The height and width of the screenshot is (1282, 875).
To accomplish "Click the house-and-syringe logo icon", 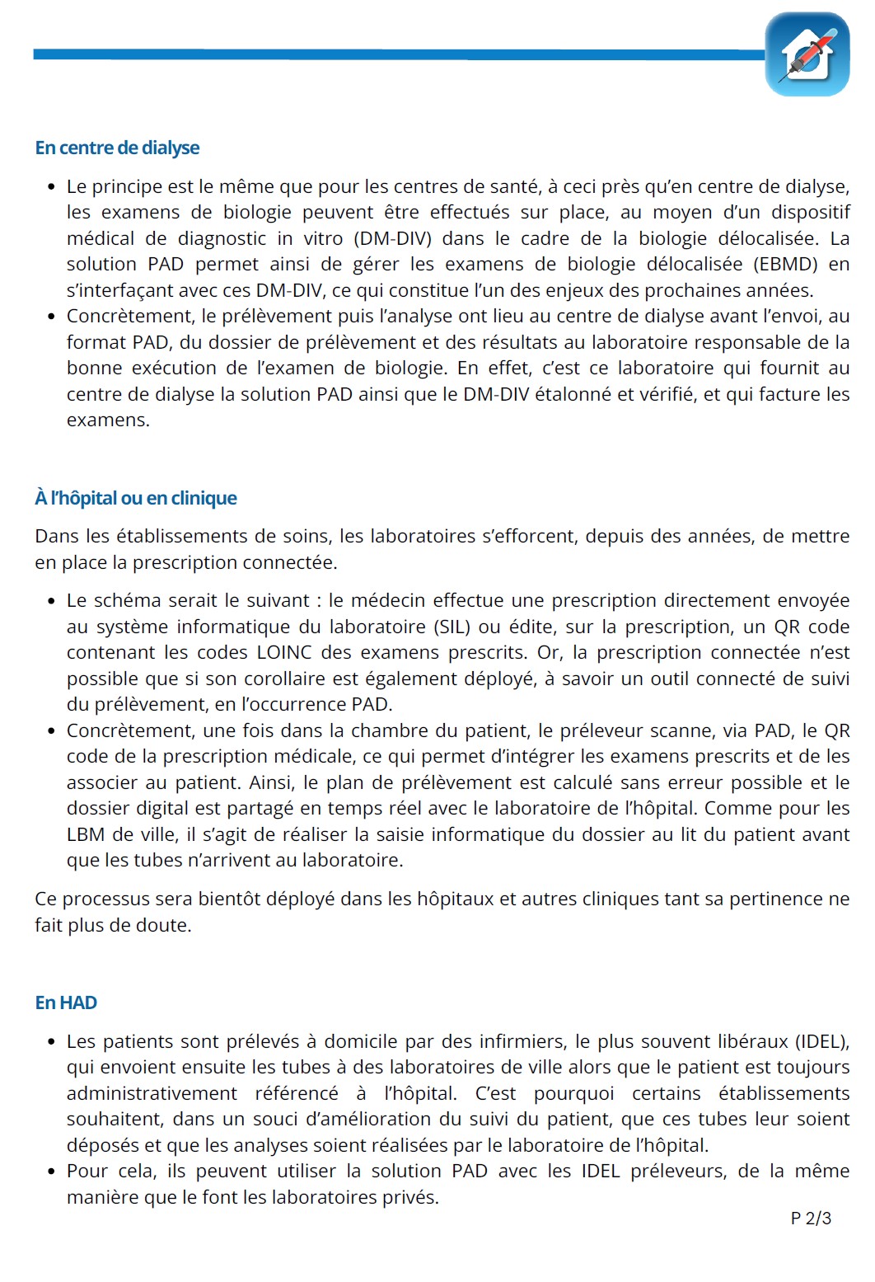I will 807,54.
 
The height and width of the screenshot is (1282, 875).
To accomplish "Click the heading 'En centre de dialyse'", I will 117,148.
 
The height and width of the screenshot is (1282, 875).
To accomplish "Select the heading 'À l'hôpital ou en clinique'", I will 136,498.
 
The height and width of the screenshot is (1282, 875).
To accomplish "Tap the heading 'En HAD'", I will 66,1003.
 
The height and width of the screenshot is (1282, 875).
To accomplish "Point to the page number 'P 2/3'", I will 811,1218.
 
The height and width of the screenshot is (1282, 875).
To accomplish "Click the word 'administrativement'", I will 152,1093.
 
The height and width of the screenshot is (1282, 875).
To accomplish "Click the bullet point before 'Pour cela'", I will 50,1172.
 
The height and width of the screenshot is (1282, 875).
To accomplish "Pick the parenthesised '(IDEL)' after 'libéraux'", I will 821,1041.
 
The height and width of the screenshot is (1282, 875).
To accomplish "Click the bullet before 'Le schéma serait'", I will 50,601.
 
